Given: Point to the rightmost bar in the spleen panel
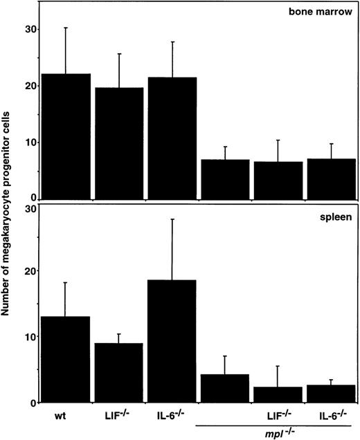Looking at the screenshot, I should (x=332, y=394).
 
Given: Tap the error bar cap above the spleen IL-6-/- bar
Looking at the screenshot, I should (x=172, y=219).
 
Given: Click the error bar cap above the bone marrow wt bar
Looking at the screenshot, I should (x=66, y=28).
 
